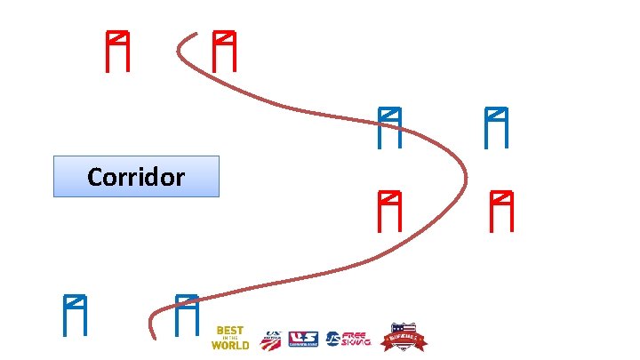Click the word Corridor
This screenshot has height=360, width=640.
(136, 177)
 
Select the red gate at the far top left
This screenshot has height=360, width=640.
(117, 51)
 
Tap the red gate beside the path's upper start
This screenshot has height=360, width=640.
(224, 51)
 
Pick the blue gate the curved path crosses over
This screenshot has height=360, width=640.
(388, 127)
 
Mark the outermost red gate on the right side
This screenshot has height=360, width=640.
(502, 211)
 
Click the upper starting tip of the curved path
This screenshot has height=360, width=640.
(197, 35)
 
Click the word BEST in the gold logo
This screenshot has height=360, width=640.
(230, 331)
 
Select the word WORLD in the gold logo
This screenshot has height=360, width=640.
(230, 345)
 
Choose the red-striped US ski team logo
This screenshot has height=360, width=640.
(271, 338)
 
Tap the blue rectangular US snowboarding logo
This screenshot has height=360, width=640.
(304, 338)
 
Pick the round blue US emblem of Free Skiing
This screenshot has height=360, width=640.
(332, 338)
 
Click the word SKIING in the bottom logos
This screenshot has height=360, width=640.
(356, 342)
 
